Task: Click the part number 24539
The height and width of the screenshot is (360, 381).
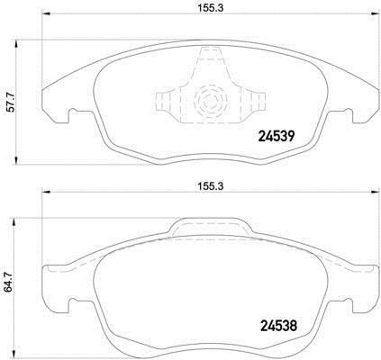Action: point(277,137)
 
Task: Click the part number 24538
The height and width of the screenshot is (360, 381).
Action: point(278,326)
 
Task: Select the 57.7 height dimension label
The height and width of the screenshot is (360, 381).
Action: point(11,103)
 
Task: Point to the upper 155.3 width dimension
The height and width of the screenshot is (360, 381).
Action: point(210,8)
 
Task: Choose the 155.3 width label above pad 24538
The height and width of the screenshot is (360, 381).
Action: point(210,186)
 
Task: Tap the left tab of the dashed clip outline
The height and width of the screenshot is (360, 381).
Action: point(163,100)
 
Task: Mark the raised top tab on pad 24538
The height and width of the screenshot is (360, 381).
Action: point(210,227)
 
